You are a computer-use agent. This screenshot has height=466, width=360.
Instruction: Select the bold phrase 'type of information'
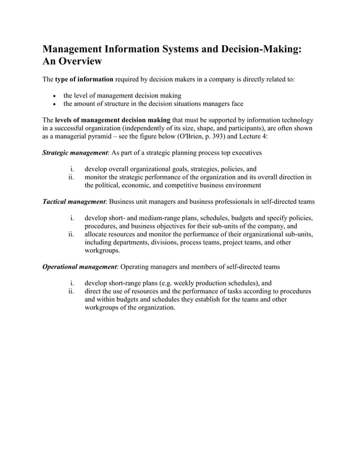click(84, 79)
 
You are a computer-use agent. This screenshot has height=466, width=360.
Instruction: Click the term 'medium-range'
click(157, 218)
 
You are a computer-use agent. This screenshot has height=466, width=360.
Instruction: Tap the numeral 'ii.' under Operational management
click(72, 291)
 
